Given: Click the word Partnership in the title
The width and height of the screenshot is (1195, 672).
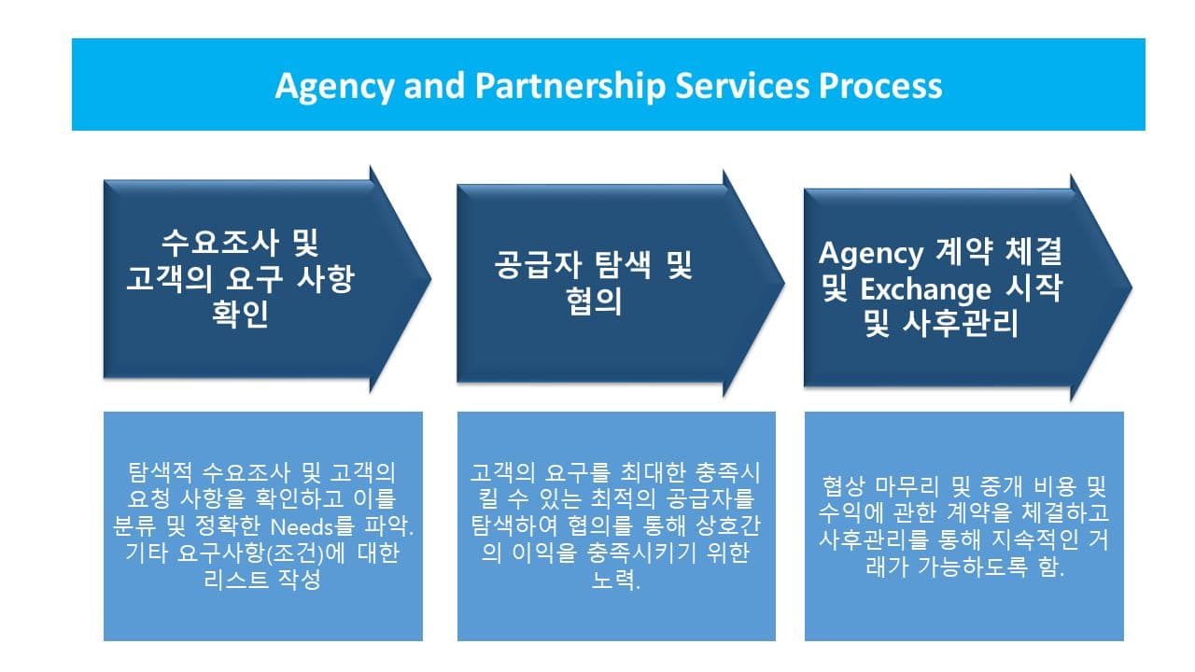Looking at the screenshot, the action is tap(570, 86).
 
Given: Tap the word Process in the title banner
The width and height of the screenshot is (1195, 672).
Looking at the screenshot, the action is tap(880, 86).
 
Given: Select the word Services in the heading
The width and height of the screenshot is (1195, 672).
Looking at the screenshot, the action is tap(742, 86).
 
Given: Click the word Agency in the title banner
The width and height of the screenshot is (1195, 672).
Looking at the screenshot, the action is tap(334, 87).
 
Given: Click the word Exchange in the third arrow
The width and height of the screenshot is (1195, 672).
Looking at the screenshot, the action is tap(925, 289).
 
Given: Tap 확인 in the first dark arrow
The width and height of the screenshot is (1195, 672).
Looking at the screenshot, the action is tap(240, 314).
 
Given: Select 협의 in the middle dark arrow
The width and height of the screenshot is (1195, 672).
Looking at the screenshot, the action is tap(594, 301).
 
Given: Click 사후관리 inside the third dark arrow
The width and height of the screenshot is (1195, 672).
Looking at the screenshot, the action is tap(961, 323).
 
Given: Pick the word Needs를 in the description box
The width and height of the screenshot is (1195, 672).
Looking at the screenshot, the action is tap(313, 526).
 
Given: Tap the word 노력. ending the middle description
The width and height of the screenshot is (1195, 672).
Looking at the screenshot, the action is tap(615, 580).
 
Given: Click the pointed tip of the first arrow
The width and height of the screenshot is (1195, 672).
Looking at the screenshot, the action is tap(431, 278).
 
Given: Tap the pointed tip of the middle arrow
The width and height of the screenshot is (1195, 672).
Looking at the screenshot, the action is tap(785, 283).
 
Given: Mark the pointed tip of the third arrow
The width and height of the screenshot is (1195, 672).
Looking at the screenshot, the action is tap(1132, 287).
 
